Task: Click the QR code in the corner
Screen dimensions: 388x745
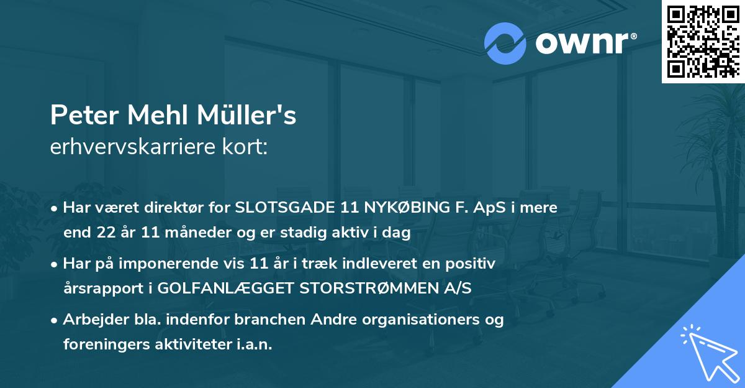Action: (703, 42)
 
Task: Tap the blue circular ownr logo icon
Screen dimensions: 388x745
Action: (505, 44)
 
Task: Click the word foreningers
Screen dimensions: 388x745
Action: (102, 344)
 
